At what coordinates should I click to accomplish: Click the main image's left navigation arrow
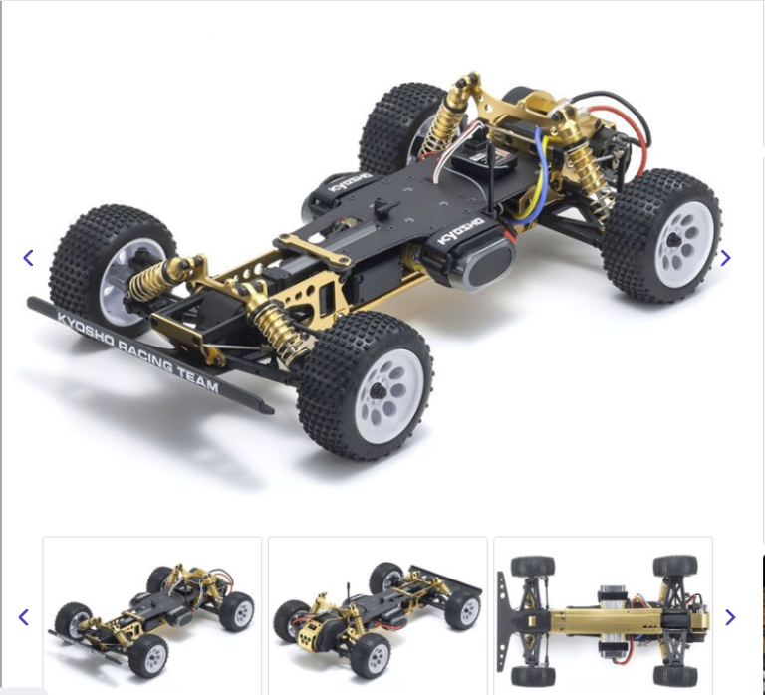click(28, 258)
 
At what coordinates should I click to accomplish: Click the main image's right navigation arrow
click(725, 258)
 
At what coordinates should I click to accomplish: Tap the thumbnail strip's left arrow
click(24, 617)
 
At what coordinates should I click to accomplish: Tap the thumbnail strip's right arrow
click(730, 617)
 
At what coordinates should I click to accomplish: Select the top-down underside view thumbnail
click(603, 615)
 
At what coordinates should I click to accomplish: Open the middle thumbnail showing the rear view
click(378, 615)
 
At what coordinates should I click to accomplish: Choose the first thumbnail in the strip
click(151, 615)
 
